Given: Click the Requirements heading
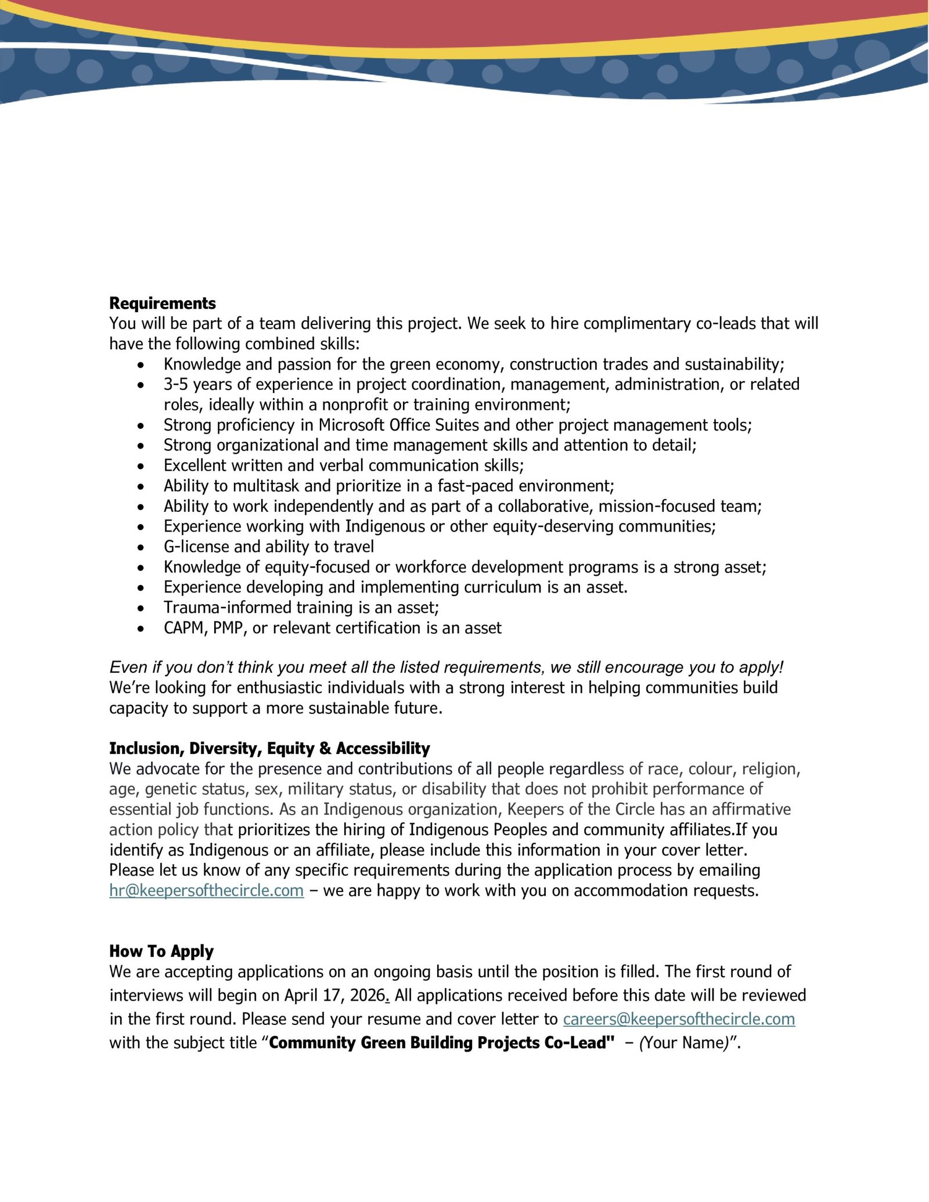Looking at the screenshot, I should click(x=162, y=304).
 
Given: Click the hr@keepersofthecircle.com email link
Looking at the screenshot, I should click(x=206, y=890).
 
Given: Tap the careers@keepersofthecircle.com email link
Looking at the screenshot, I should click(x=678, y=1019).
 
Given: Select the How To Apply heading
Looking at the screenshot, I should click(x=161, y=951).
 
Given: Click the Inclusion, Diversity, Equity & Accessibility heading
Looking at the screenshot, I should click(x=269, y=749).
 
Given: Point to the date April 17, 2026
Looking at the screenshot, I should click(x=334, y=995).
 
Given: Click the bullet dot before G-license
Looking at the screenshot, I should click(x=141, y=547).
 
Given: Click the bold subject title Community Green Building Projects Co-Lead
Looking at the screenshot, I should click(x=441, y=1043).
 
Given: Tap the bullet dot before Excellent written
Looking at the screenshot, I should click(x=141, y=466).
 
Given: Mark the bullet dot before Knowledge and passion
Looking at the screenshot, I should click(x=141, y=364).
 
